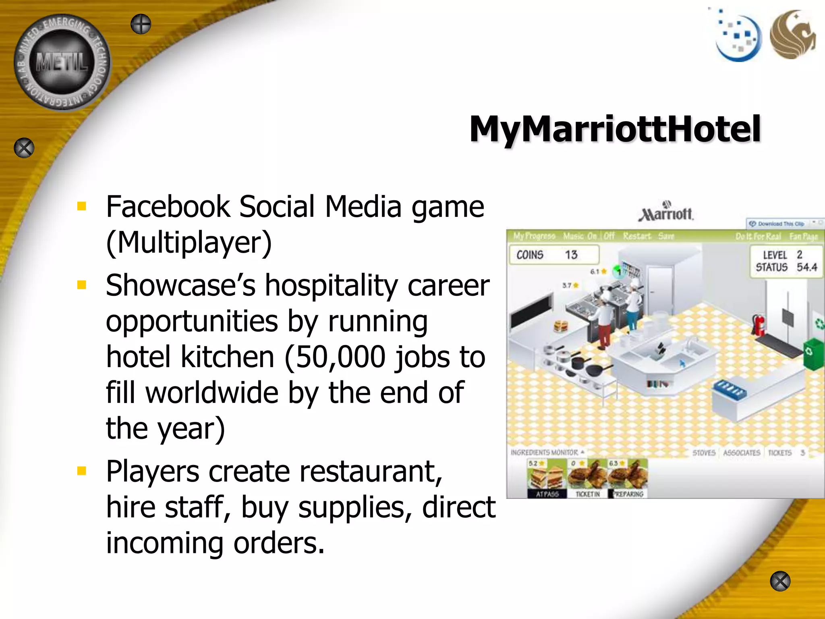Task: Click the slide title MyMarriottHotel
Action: coord(615,129)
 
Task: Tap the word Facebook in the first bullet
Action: coord(168,207)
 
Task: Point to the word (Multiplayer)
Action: coord(189,243)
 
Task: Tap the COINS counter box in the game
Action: coord(554,255)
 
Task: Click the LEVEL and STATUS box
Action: coord(786,261)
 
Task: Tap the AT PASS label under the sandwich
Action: coord(547,494)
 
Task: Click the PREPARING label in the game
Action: coord(628,494)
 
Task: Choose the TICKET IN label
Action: coord(588,494)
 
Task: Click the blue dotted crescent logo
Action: coord(738,38)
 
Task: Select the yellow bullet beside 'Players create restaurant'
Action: coord(82,471)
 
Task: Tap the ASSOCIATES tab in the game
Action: coord(741,453)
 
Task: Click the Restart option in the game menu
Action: coord(636,236)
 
